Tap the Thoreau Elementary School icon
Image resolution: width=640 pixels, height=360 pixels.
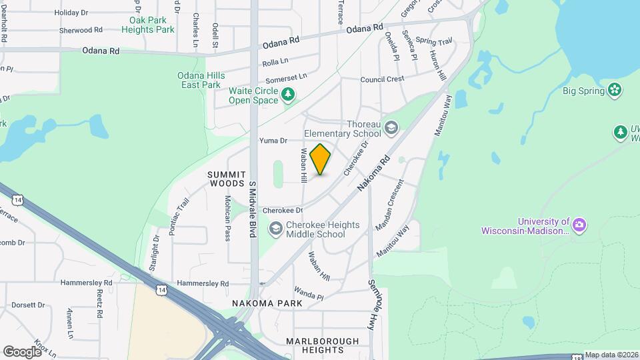391,127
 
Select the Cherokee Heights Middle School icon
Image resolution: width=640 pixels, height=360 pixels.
275,229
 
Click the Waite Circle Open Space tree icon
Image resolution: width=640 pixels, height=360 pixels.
288,95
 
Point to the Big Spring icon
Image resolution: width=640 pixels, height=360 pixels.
615,90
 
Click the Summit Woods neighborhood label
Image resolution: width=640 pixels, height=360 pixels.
222,178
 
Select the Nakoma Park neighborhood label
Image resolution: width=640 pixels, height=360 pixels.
267,303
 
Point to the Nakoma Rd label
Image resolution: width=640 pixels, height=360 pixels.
373,175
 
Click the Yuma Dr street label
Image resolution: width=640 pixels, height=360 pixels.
273,141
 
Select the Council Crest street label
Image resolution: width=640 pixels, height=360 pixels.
382,79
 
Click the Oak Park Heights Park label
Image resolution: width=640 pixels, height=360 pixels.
148,25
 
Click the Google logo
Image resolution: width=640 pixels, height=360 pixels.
23,351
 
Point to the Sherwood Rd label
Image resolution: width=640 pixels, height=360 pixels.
81,30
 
